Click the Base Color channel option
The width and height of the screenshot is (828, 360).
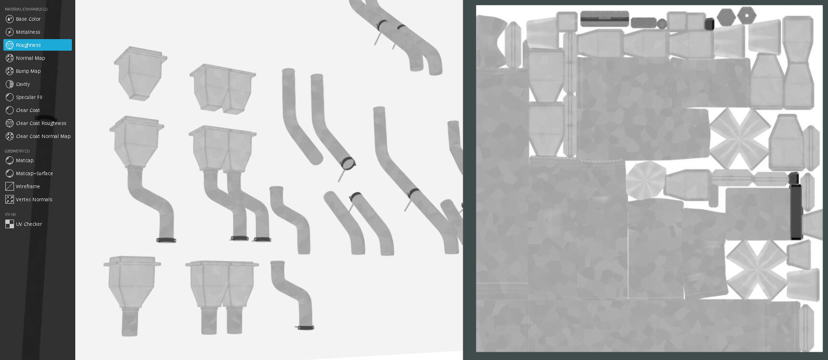click(x=28, y=19)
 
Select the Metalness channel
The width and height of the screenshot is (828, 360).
click(x=28, y=32)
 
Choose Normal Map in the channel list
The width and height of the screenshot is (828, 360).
click(x=30, y=58)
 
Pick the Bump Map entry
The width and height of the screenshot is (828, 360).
click(x=28, y=71)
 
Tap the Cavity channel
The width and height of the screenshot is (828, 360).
click(x=23, y=84)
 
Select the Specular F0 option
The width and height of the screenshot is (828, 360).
click(x=29, y=97)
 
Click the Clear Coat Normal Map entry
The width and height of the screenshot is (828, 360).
click(x=43, y=136)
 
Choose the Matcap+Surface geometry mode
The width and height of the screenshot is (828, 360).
click(x=34, y=173)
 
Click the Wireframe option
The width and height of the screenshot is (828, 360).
click(x=28, y=186)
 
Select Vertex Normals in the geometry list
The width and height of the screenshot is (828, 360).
click(x=34, y=199)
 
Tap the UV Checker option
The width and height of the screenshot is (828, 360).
click(x=29, y=224)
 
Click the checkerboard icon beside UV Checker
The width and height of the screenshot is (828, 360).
click(x=10, y=224)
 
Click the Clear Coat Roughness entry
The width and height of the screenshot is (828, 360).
click(x=41, y=123)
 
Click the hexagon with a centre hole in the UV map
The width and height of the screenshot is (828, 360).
click(x=746, y=15)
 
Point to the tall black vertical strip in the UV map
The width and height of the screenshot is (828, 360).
click(x=796, y=208)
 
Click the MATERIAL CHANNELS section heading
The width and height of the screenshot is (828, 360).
click(x=26, y=9)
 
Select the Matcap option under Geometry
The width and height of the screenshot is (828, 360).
click(x=25, y=160)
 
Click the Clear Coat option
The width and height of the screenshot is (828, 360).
click(x=28, y=110)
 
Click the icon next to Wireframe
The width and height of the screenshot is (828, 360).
click(x=10, y=186)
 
